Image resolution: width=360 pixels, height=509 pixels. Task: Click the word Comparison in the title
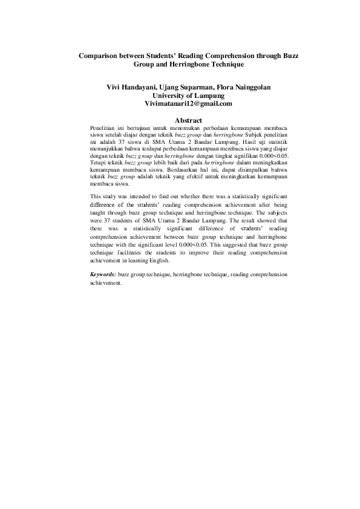tap(100, 56)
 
